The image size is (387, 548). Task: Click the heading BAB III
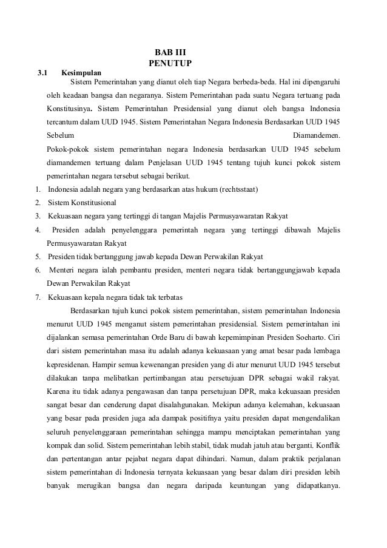(169, 52)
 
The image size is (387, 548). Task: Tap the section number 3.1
(42, 73)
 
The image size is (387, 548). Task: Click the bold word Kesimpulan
(81, 73)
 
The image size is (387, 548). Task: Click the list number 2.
(38, 203)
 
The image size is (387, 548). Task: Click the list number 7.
(38, 297)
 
